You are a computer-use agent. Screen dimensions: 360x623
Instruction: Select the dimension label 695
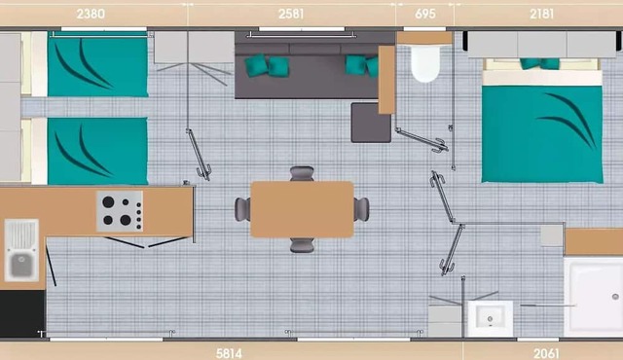[x=424, y=15]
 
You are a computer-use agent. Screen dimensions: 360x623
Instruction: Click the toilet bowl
[x=424, y=64]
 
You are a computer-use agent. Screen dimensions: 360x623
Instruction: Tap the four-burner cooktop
[x=120, y=210]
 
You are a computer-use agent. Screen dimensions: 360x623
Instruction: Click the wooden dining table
[x=302, y=209]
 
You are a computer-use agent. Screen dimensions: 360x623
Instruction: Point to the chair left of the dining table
[x=242, y=209]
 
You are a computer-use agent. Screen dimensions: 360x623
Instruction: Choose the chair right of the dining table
[x=361, y=208]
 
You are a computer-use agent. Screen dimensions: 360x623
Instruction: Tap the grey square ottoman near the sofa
[x=371, y=123]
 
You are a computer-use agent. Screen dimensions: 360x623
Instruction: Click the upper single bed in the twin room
[x=97, y=66]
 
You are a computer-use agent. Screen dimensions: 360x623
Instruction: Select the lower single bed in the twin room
[x=97, y=151]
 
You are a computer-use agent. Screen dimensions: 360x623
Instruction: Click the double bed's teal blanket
[x=541, y=134]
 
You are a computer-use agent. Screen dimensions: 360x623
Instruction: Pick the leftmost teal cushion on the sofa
[x=255, y=66]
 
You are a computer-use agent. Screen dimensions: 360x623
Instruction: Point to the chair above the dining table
[x=303, y=174]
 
